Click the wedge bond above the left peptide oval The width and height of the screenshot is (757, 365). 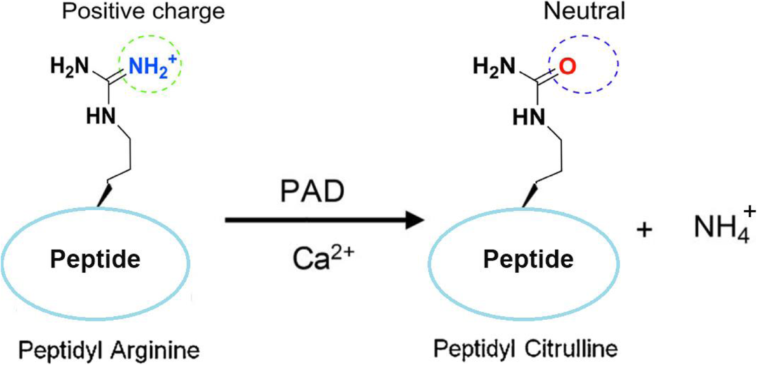(x=104, y=195)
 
